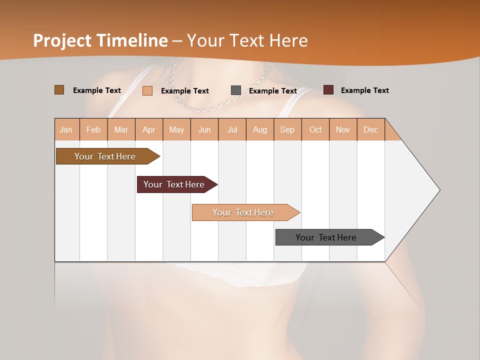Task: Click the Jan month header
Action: [x=66, y=129]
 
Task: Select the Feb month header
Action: [x=93, y=129]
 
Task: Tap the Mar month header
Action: [x=121, y=129]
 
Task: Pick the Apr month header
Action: [x=149, y=129]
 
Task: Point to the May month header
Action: [x=176, y=129]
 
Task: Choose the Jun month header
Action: [x=204, y=129]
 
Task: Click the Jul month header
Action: [x=232, y=129]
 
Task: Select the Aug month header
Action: [x=260, y=129]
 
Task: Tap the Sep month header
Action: [x=287, y=129]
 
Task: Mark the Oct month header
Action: [x=315, y=129]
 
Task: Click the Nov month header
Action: [x=343, y=129]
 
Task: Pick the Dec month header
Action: [x=370, y=129]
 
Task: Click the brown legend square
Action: [x=59, y=90]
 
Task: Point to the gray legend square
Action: [x=236, y=90]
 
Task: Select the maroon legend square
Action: [x=328, y=90]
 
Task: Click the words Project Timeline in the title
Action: [x=100, y=40]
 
